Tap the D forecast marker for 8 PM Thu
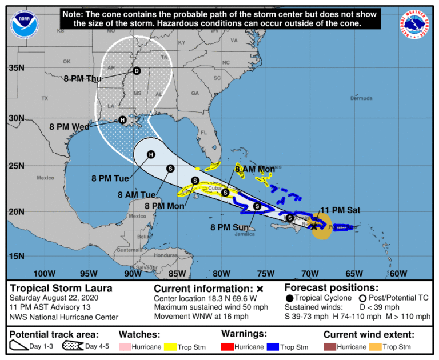coord(136,71)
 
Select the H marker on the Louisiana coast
coord(122,120)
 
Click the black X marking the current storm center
coord(314,227)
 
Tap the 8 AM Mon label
coord(256,169)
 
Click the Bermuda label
coord(361,98)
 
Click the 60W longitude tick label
coord(398,273)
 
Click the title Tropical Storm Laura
coord(61,289)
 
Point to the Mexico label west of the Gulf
coord(45,178)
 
